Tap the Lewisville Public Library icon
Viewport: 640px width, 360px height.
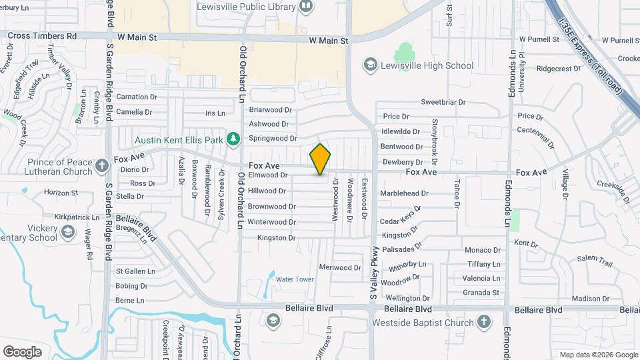tap(306, 7)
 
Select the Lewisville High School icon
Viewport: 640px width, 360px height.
tap(370, 65)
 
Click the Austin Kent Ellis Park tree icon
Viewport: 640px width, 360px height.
tap(233, 139)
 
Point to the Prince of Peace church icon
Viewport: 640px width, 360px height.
tap(101, 165)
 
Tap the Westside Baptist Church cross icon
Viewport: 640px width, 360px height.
tap(485, 323)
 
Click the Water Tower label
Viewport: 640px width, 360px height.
tap(295, 279)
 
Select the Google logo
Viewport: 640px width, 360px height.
tap(22, 352)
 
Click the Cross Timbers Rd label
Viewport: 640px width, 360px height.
tap(43, 35)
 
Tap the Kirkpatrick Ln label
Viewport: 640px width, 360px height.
tap(81, 217)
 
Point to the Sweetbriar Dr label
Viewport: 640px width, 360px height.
tap(443, 102)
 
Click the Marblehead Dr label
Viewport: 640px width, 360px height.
tap(404, 193)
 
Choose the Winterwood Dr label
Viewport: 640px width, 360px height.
tap(271, 222)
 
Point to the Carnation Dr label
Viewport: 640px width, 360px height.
tap(137, 97)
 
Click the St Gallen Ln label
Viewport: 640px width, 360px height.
tap(135, 271)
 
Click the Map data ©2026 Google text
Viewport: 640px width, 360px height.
tap(597, 355)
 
